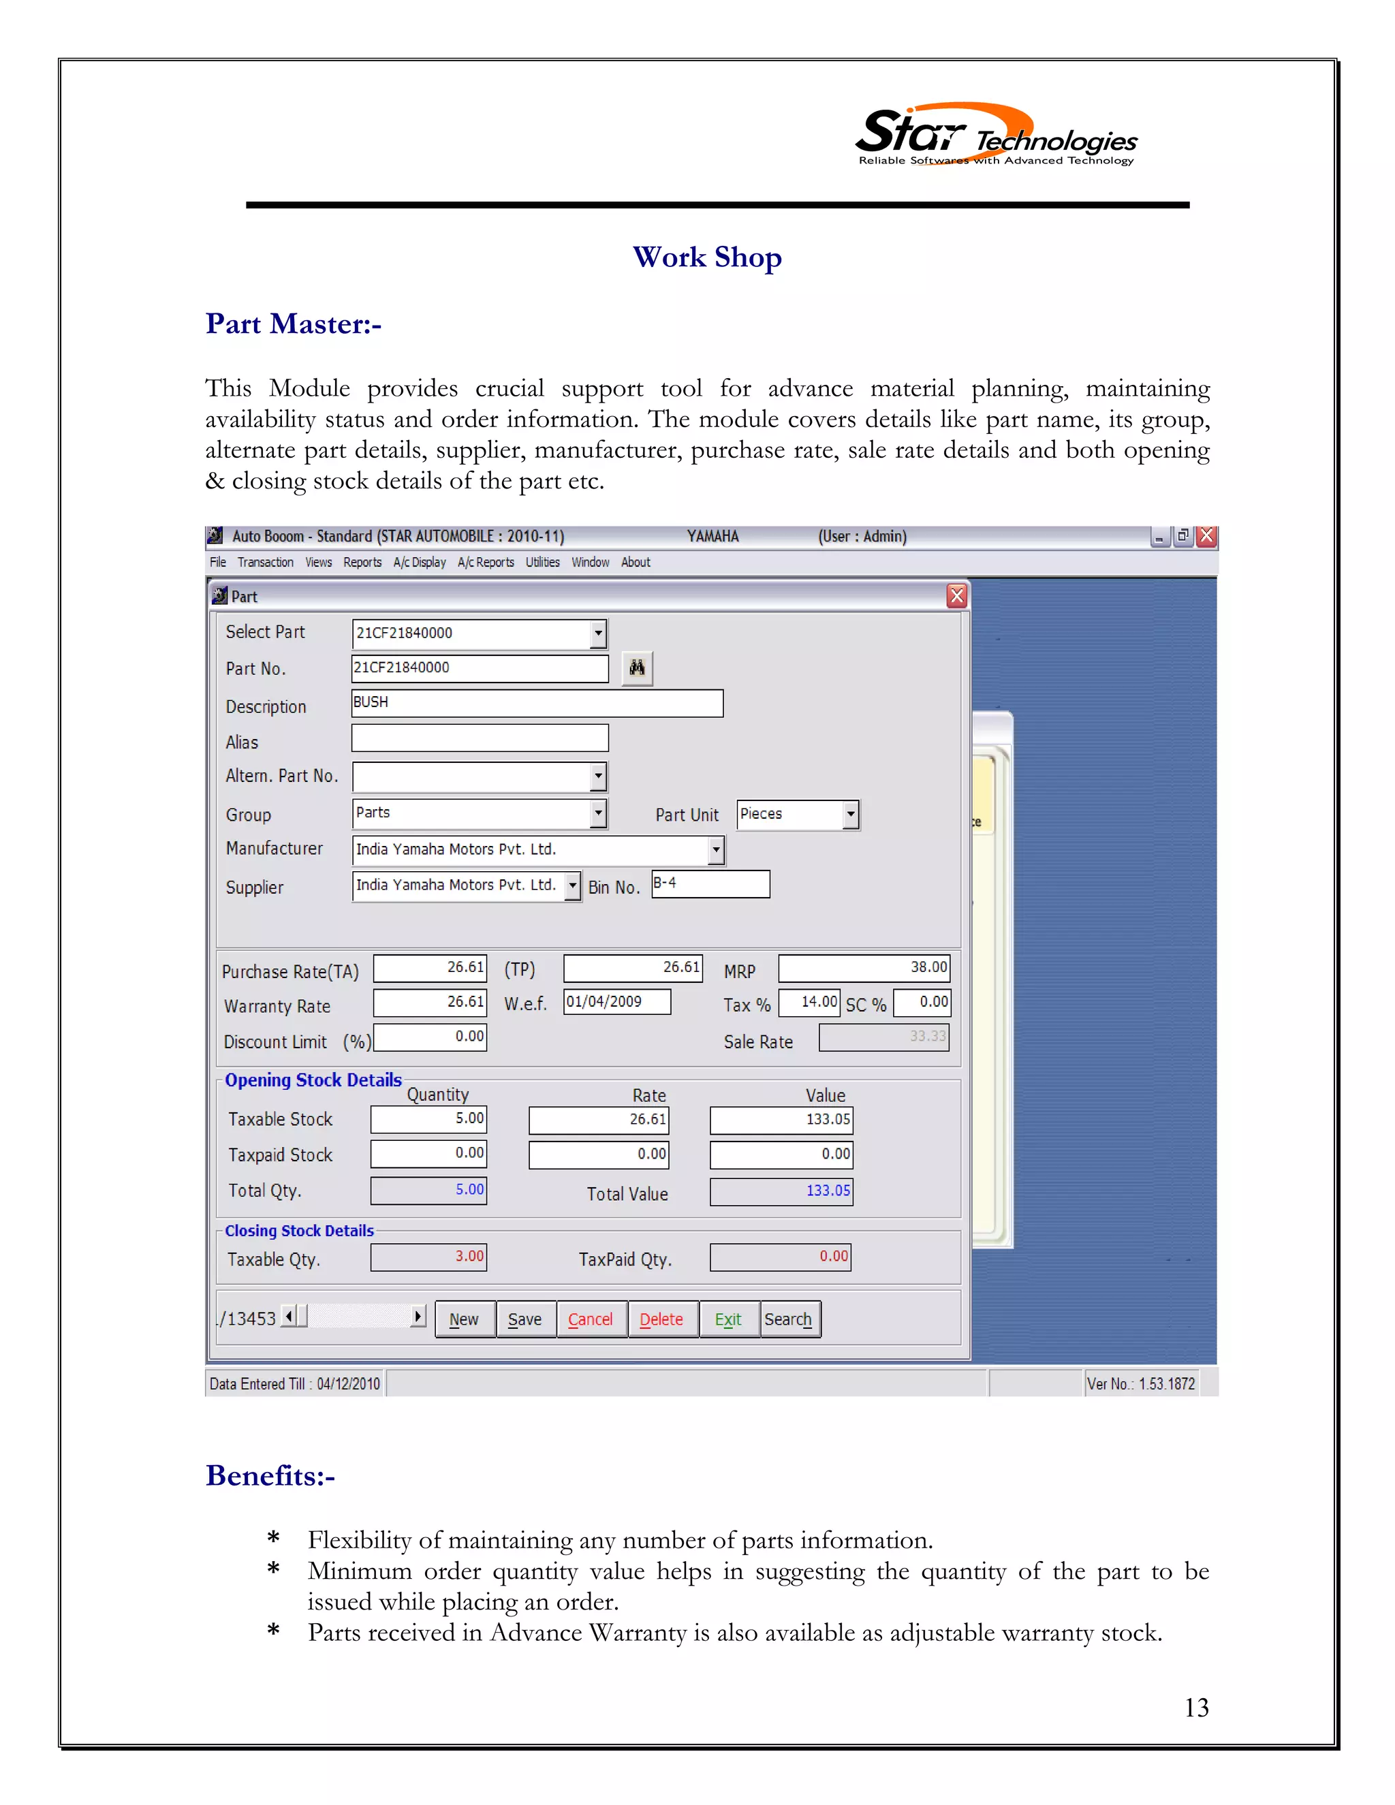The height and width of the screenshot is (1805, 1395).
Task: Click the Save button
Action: tap(524, 1319)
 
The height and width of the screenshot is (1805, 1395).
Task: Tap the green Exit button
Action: tap(728, 1319)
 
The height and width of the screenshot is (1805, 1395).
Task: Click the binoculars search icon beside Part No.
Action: tap(636, 668)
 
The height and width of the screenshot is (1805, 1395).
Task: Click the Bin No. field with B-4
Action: tap(710, 884)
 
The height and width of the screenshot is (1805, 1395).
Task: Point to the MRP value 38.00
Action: tap(864, 968)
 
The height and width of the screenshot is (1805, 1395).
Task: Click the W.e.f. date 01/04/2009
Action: tap(616, 1003)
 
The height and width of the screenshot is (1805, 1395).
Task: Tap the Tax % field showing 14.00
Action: tap(809, 1003)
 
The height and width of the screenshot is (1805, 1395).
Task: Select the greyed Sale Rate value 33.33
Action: tap(883, 1037)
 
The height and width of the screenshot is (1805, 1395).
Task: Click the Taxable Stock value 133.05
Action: tap(781, 1120)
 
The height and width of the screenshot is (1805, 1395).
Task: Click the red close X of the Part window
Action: tap(956, 596)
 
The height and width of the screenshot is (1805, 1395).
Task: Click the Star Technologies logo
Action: tap(995, 136)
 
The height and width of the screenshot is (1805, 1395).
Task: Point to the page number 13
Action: tap(1196, 1708)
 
